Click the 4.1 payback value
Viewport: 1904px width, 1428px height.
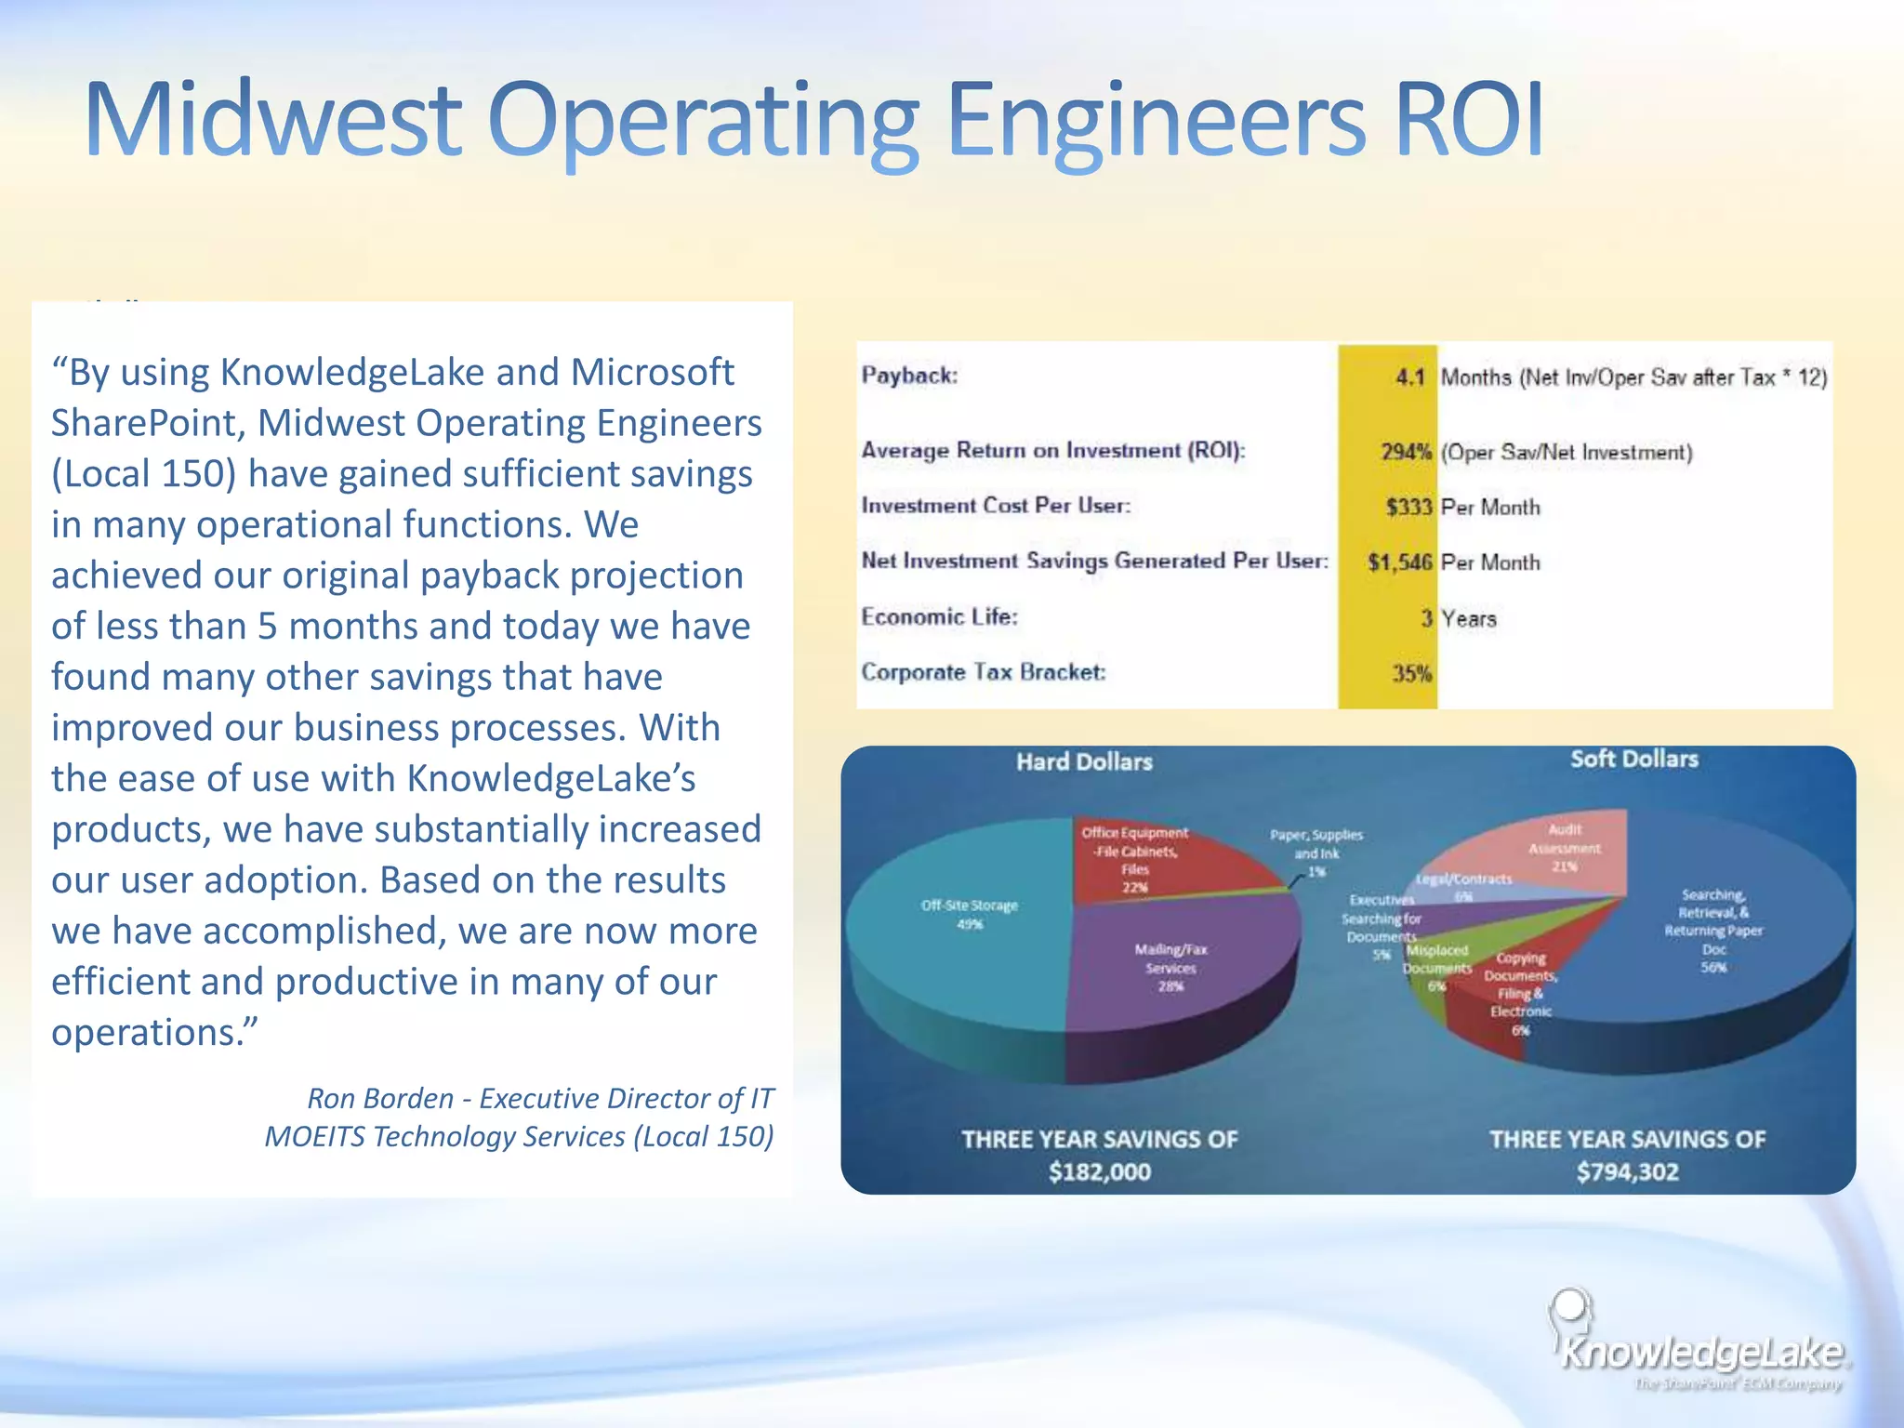tap(1409, 377)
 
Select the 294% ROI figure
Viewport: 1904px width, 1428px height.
tap(1405, 452)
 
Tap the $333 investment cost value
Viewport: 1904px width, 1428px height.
tap(1408, 507)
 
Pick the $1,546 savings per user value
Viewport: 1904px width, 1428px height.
tap(1399, 562)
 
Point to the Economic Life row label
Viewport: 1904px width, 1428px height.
tap(939, 617)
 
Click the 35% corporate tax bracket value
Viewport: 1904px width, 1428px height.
tap(1410, 673)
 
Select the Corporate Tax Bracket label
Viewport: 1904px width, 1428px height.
tap(983, 672)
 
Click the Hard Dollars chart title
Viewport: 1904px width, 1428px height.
tap(1084, 762)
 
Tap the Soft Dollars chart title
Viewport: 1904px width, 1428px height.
tap(1633, 759)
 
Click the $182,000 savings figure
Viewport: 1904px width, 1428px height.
tap(1099, 1171)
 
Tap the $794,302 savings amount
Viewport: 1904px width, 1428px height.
tap(1626, 1171)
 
